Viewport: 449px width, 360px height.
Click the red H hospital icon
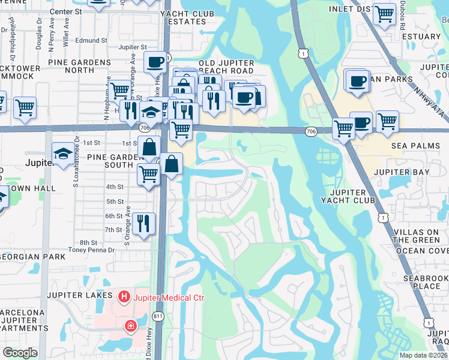tap(124, 296)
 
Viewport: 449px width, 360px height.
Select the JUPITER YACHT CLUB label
tap(348, 196)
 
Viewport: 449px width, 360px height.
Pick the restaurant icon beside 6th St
tap(143, 223)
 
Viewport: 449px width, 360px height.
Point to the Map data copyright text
tap(423, 355)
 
